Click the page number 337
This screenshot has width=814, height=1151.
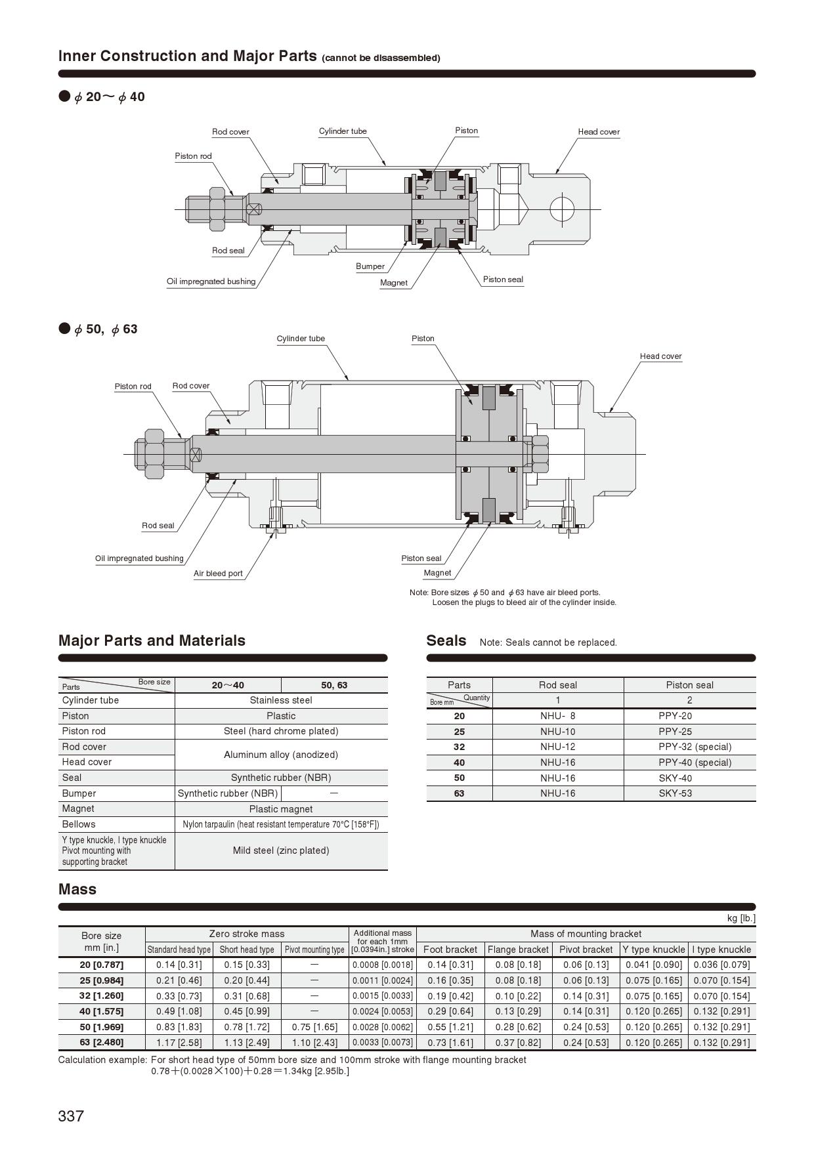(x=71, y=1116)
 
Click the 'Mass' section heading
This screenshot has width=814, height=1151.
(x=77, y=889)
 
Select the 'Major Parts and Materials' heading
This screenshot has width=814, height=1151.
(x=152, y=640)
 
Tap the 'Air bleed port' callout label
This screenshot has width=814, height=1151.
(x=218, y=574)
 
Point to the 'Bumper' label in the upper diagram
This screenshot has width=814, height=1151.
(x=370, y=266)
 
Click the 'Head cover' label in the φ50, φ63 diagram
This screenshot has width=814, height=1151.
(x=660, y=356)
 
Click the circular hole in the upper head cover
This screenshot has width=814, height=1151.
(x=562, y=209)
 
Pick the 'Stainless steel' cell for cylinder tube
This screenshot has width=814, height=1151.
(x=281, y=700)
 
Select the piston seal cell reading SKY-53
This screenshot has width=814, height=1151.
(x=675, y=793)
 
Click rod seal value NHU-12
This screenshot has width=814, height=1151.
(x=557, y=747)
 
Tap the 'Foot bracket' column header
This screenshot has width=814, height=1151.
(x=450, y=950)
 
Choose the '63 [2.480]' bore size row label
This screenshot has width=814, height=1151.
(x=102, y=1042)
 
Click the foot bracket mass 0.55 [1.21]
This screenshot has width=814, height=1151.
(x=450, y=1027)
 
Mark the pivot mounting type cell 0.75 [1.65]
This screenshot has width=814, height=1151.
(x=314, y=1027)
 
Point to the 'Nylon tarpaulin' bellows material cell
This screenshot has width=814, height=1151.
(x=281, y=824)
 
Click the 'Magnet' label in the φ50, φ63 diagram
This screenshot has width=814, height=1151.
(x=437, y=573)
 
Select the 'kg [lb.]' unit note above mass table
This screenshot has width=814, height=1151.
(x=741, y=918)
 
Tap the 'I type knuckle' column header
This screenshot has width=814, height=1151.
(x=721, y=950)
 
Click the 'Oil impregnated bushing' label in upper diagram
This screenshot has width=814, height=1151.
(x=211, y=282)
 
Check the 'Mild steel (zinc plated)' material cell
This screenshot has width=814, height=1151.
(x=281, y=850)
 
